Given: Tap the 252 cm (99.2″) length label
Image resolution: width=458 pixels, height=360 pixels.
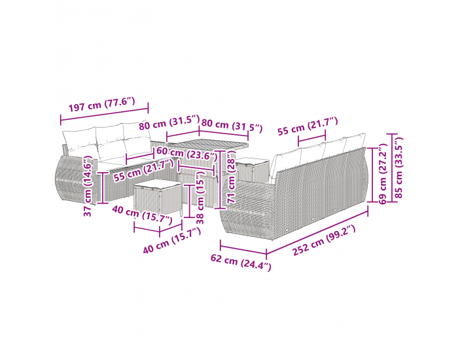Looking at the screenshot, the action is click(324, 240).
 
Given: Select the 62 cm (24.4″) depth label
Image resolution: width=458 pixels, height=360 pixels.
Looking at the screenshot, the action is click(241, 262).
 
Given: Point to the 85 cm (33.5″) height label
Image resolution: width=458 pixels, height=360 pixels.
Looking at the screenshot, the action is click(398, 168).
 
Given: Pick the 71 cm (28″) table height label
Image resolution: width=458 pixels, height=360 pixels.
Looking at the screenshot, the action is click(231, 177).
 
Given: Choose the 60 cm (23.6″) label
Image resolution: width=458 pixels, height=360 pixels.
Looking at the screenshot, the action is click(187, 154).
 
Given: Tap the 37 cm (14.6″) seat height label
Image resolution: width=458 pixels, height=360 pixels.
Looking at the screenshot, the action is click(88, 186).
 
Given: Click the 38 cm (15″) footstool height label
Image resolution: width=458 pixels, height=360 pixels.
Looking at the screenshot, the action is click(200, 198).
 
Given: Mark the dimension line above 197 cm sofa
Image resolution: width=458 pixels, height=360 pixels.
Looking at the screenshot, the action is click(104, 114).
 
